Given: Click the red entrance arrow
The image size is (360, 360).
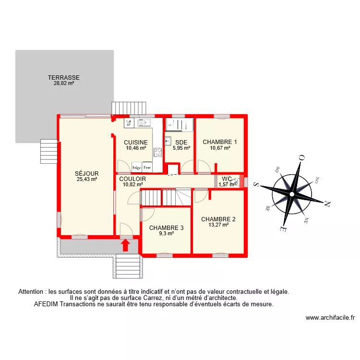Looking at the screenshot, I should (x=126, y=245).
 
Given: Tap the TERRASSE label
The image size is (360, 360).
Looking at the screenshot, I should (x=63, y=77).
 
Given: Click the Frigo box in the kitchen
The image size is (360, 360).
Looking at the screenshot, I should (x=137, y=168).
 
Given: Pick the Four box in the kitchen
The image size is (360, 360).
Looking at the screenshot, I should (x=147, y=168).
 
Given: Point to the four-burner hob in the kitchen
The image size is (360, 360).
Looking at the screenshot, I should (x=157, y=153).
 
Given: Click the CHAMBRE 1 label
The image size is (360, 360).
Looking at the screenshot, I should (x=220, y=142).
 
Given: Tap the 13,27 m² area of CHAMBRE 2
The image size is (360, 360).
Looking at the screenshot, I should (x=218, y=224).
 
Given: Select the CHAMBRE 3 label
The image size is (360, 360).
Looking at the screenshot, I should (x=166, y=228).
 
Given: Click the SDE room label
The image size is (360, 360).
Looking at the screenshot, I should (x=181, y=143).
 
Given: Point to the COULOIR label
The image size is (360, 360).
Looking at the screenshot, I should (x=133, y=179).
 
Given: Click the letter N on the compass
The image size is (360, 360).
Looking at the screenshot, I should (x=328, y=204).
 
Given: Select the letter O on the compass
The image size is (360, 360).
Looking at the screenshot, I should (x=302, y=157).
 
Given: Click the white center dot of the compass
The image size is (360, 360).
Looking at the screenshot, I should (x=291, y=194).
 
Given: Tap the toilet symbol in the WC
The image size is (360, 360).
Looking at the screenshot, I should (x=234, y=182).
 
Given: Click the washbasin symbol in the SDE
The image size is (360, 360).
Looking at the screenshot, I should (x=168, y=141).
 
